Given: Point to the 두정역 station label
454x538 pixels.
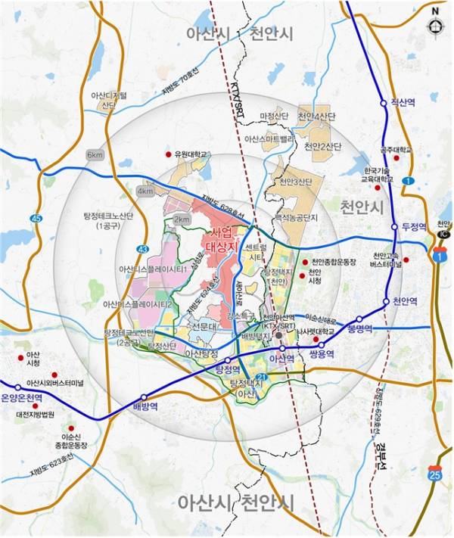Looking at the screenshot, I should pos(415,226).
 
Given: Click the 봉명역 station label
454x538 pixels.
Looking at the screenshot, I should pos(362,330).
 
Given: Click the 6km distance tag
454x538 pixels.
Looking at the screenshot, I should pos(95,155).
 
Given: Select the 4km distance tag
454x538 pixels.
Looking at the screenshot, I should pos(145,191).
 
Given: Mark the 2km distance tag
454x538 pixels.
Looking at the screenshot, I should pos(182,219).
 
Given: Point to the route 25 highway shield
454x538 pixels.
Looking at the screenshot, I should pos(434,474).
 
